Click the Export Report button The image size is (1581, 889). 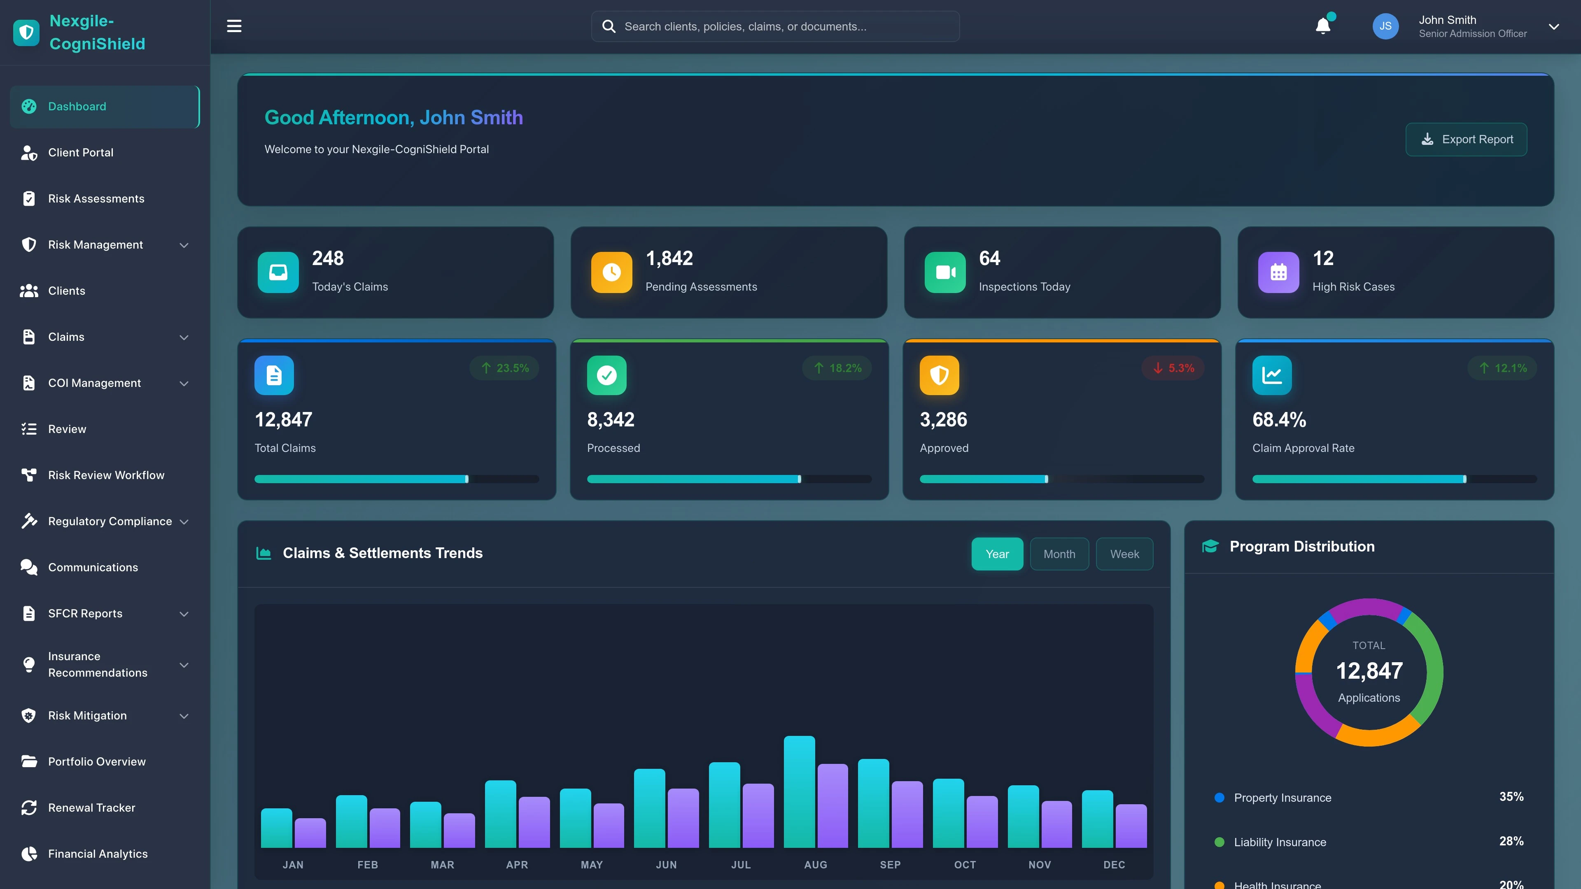click(1466, 139)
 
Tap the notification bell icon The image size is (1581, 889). click(1322, 26)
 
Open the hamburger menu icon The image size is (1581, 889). click(234, 26)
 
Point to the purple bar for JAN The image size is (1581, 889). click(310, 833)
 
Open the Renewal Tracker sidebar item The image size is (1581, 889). click(91, 808)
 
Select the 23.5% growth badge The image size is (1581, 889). click(504, 368)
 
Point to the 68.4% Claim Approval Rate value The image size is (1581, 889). click(1279, 420)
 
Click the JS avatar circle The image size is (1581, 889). click(1385, 26)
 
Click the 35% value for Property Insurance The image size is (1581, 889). click(1511, 796)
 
